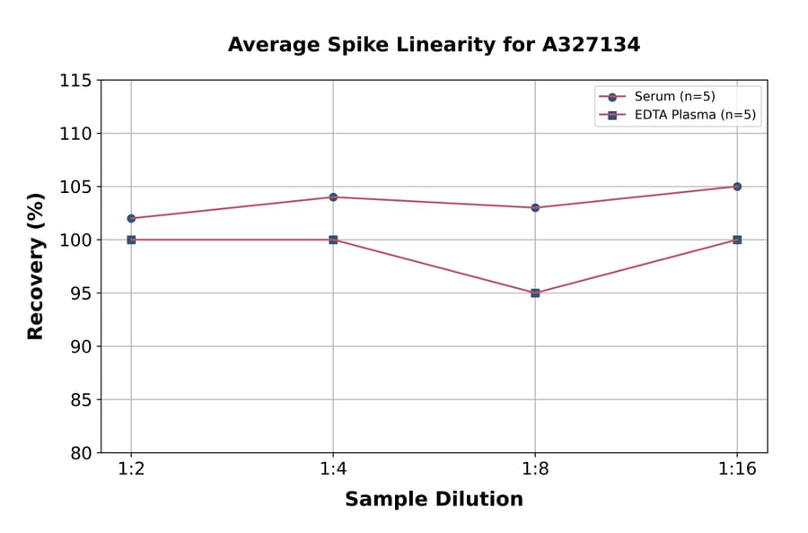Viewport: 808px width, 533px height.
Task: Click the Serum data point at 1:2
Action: click(131, 218)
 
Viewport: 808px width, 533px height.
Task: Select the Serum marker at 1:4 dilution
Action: click(333, 197)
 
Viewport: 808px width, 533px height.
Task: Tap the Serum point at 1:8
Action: click(535, 207)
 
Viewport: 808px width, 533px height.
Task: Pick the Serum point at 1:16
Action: click(737, 187)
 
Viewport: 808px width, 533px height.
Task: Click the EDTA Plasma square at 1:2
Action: click(131, 240)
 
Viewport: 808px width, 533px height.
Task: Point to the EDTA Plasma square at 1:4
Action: click(333, 240)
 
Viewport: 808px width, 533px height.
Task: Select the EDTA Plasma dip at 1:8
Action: click(535, 293)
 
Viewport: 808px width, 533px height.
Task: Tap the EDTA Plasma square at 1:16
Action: click(737, 240)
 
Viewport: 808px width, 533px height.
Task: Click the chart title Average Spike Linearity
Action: click(434, 44)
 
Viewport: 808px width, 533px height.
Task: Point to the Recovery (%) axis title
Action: click(36, 266)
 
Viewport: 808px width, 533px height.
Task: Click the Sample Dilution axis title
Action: click(434, 500)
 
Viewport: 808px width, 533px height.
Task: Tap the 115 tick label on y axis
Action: click(75, 81)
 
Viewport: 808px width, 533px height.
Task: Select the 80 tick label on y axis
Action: click(80, 453)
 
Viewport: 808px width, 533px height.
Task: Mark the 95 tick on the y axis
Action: click(80, 293)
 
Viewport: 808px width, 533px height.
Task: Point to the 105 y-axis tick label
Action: click(75, 187)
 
